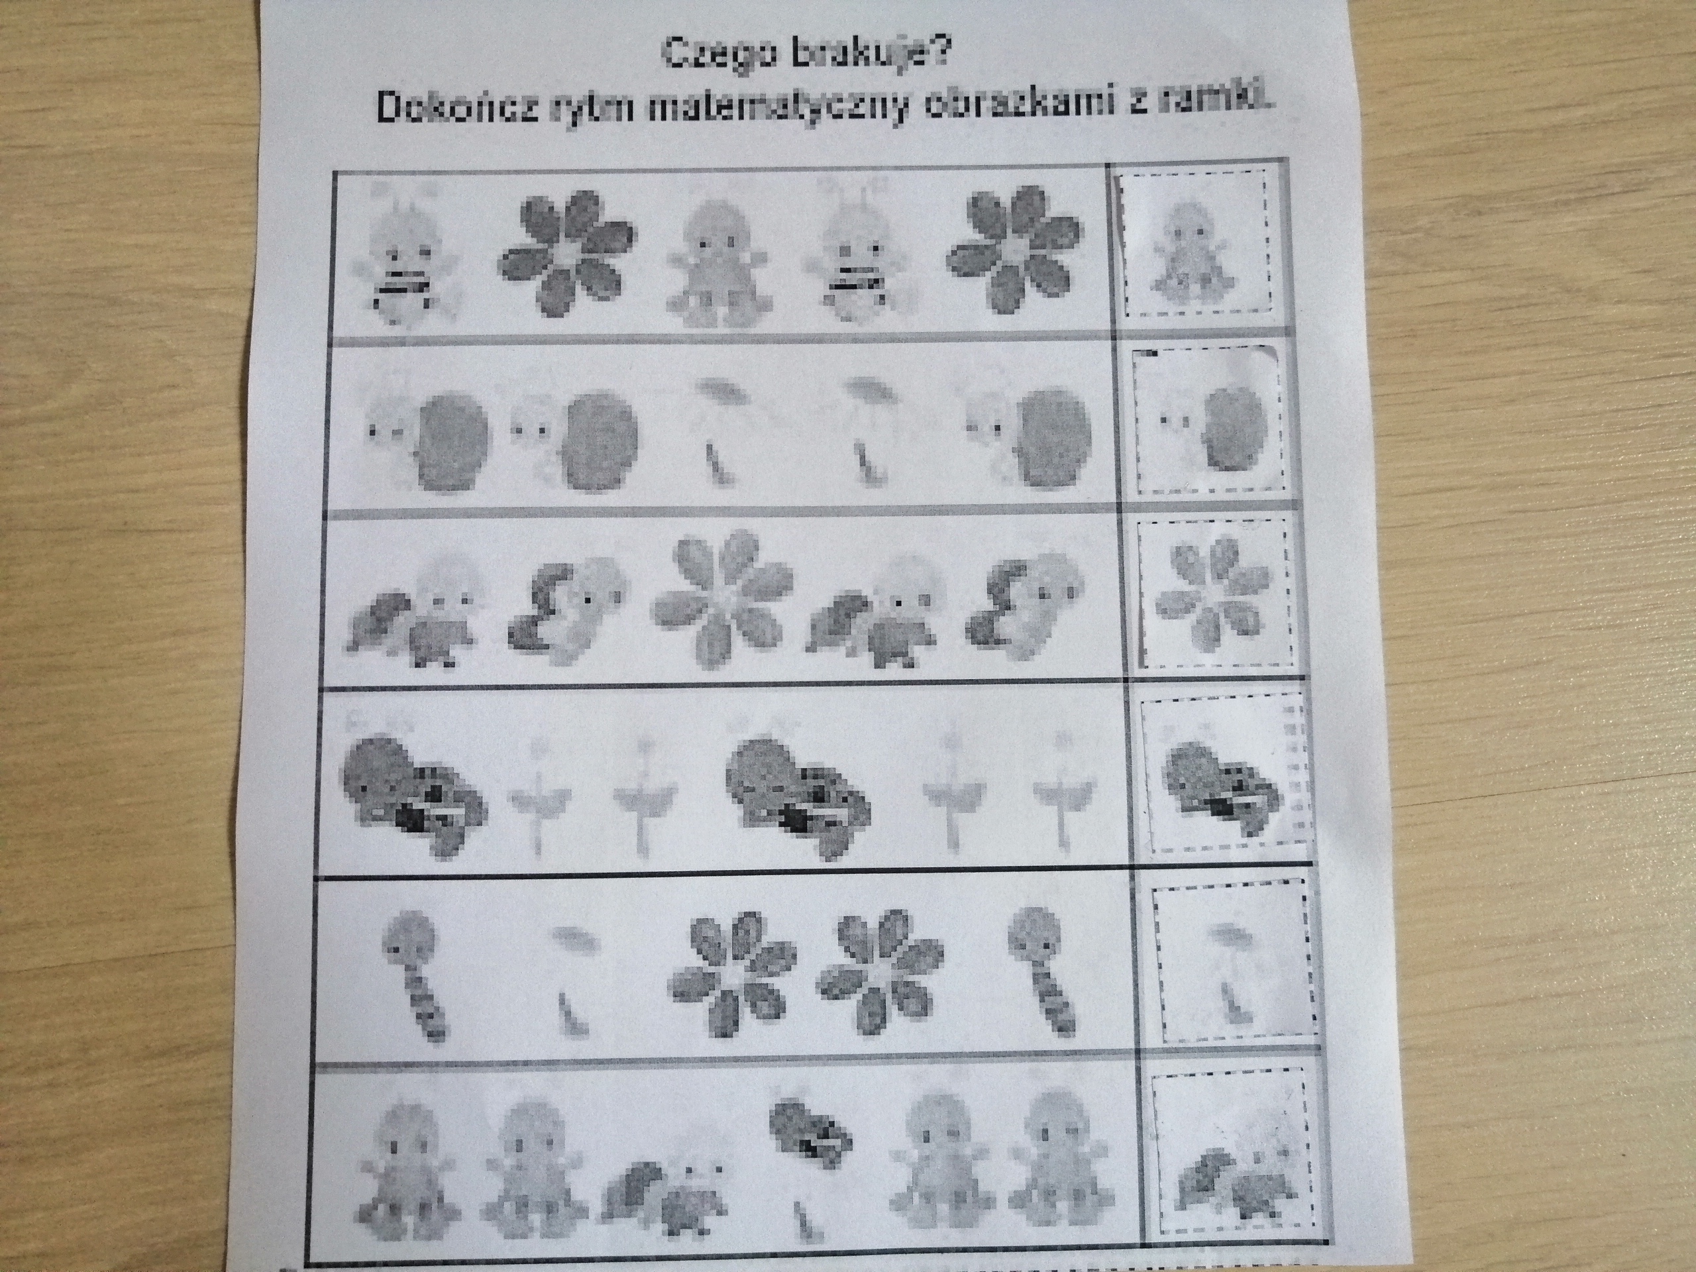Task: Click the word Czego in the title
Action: pyautogui.click(x=711, y=55)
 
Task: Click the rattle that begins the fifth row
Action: pyautogui.click(x=415, y=974)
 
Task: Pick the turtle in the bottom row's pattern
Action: pyautogui.click(x=666, y=1169)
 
